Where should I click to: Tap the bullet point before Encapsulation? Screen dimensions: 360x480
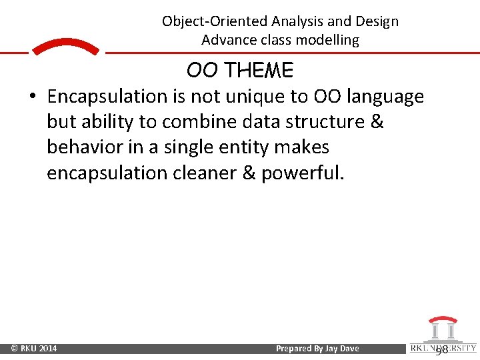[x=32, y=97]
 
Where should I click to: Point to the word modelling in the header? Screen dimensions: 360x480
[x=327, y=40]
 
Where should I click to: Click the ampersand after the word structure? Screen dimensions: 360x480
[x=377, y=123]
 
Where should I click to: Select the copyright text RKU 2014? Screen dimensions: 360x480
[x=34, y=349]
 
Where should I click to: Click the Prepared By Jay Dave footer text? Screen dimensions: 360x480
[x=317, y=349]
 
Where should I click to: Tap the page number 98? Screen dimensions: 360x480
[x=441, y=349]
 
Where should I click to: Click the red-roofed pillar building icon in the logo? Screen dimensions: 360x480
[x=441, y=329]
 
